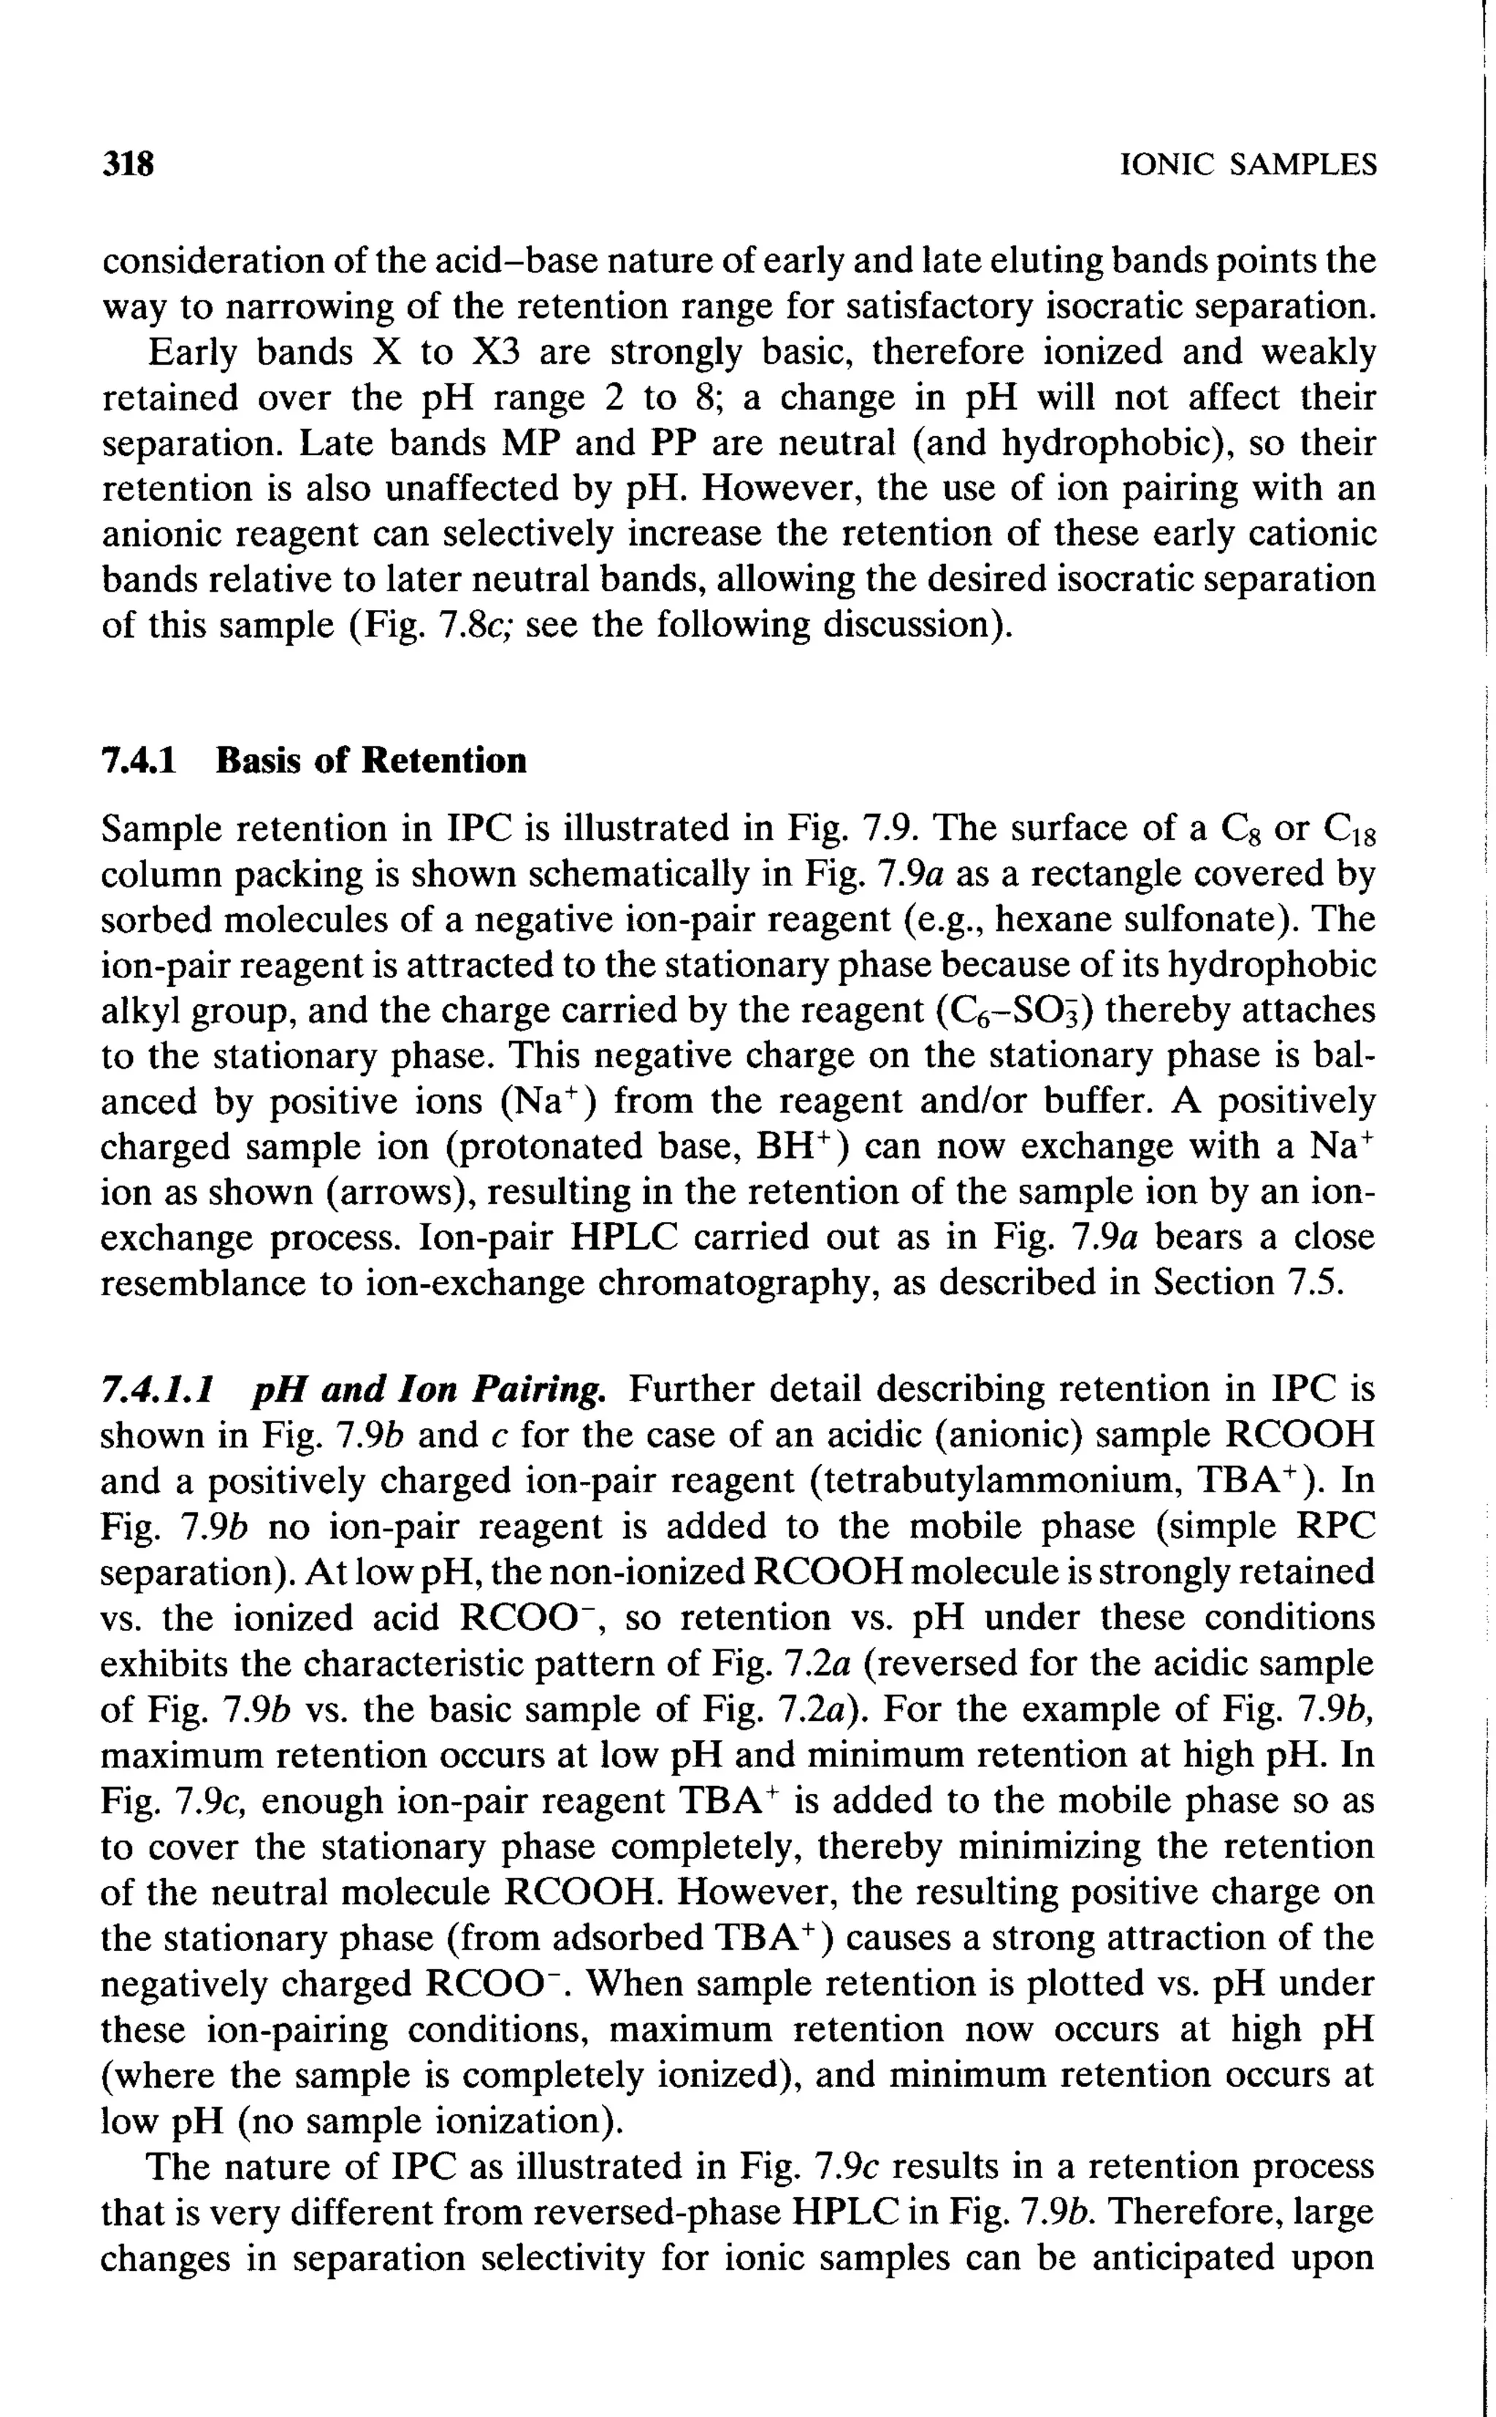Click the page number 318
(x=129, y=163)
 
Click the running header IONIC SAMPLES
(x=1247, y=164)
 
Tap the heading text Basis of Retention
(x=371, y=760)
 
